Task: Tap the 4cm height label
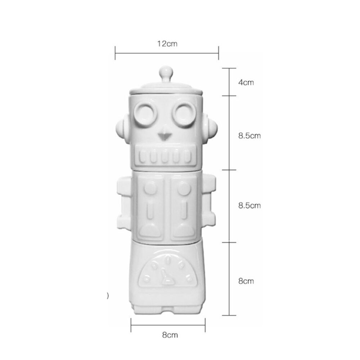pos(246,82)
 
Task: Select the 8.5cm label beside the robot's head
pos(249,136)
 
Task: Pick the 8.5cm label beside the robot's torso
pos(249,206)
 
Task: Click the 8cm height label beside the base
pos(246,281)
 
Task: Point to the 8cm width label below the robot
pos(170,335)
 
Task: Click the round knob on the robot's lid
pos(166,72)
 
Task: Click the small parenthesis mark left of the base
pos(108,296)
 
